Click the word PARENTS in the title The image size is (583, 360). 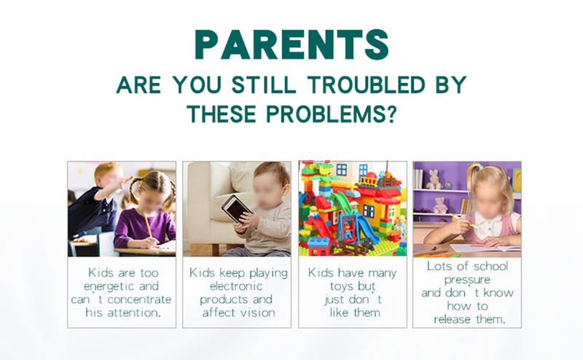coord(292,44)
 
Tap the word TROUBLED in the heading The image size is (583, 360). coord(367,85)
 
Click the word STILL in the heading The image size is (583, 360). coord(264,85)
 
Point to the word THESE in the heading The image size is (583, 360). coord(222,114)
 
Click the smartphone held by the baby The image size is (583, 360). coord(236,209)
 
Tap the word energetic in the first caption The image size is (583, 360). coord(109,286)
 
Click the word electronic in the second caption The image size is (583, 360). coord(236,286)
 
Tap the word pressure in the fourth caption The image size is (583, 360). coord(467,280)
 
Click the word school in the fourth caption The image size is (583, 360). coord(490,266)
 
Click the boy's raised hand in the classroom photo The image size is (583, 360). coord(124,183)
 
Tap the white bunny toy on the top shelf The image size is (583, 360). coord(433,179)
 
